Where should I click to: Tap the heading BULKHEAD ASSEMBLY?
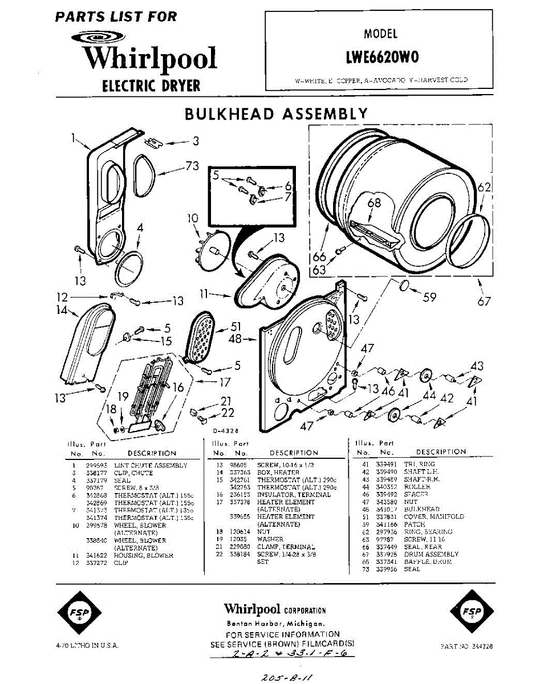pyautogui.click(x=276, y=114)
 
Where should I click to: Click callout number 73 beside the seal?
pyautogui.click(x=192, y=166)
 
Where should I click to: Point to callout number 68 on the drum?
pyautogui.click(x=373, y=202)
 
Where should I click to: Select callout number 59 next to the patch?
pyautogui.click(x=429, y=296)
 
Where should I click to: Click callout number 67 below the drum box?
pyautogui.click(x=484, y=302)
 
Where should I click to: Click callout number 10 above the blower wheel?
pyautogui.click(x=192, y=218)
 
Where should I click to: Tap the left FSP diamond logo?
pyautogui.click(x=80, y=613)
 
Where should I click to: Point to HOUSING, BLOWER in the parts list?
pyautogui.click(x=143, y=555)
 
